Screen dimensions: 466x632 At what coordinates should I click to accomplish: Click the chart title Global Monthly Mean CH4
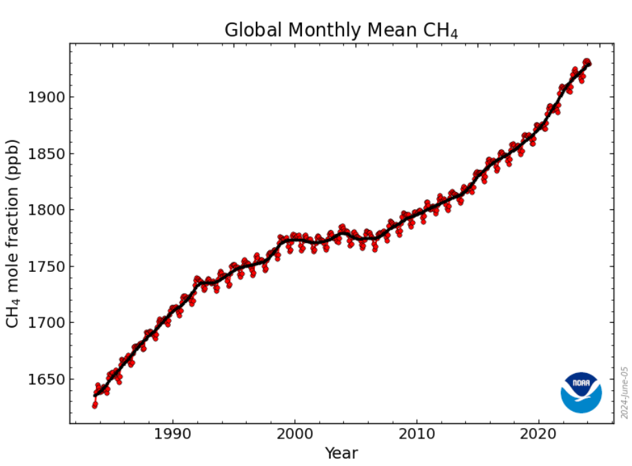[x=341, y=30]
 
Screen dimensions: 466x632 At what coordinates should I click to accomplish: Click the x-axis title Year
[x=341, y=453]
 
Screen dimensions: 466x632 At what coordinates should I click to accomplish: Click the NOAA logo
[x=581, y=392]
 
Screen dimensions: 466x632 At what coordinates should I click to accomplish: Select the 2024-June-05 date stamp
[x=624, y=392]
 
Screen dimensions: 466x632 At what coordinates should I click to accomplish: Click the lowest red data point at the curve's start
[x=94, y=405]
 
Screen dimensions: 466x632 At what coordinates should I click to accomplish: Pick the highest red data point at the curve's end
[x=587, y=61]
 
